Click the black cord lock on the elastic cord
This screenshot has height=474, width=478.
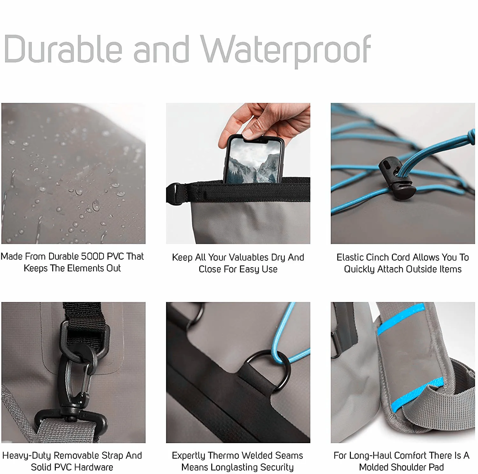(397, 177)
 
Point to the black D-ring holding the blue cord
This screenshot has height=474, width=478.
(268, 370)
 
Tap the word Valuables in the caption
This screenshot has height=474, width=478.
(249, 257)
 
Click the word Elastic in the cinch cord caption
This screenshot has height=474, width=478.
(350, 257)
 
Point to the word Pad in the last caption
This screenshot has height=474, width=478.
(436, 467)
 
